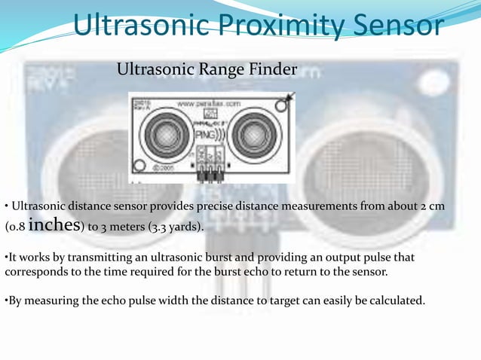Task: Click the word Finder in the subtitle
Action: pos(273,70)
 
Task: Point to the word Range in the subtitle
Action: pos(222,70)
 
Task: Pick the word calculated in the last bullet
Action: pos(395,302)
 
